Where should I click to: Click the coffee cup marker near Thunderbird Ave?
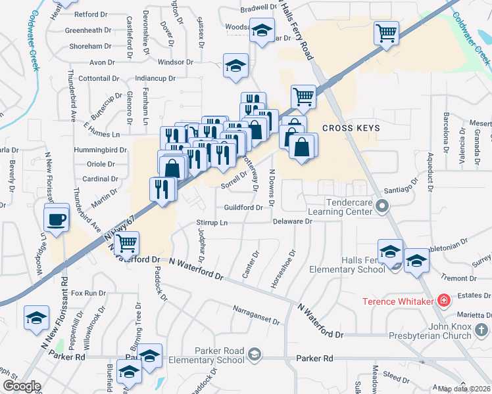pos(57,218)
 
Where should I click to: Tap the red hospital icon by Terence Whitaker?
pos(445,301)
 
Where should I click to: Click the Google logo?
pos(21,386)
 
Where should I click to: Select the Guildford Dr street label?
pos(243,208)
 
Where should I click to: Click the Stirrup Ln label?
pos(211,223)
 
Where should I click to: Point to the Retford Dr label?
pos(91,14)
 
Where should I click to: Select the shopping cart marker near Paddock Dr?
pos(126,244)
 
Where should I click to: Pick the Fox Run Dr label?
pos(88,293)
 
